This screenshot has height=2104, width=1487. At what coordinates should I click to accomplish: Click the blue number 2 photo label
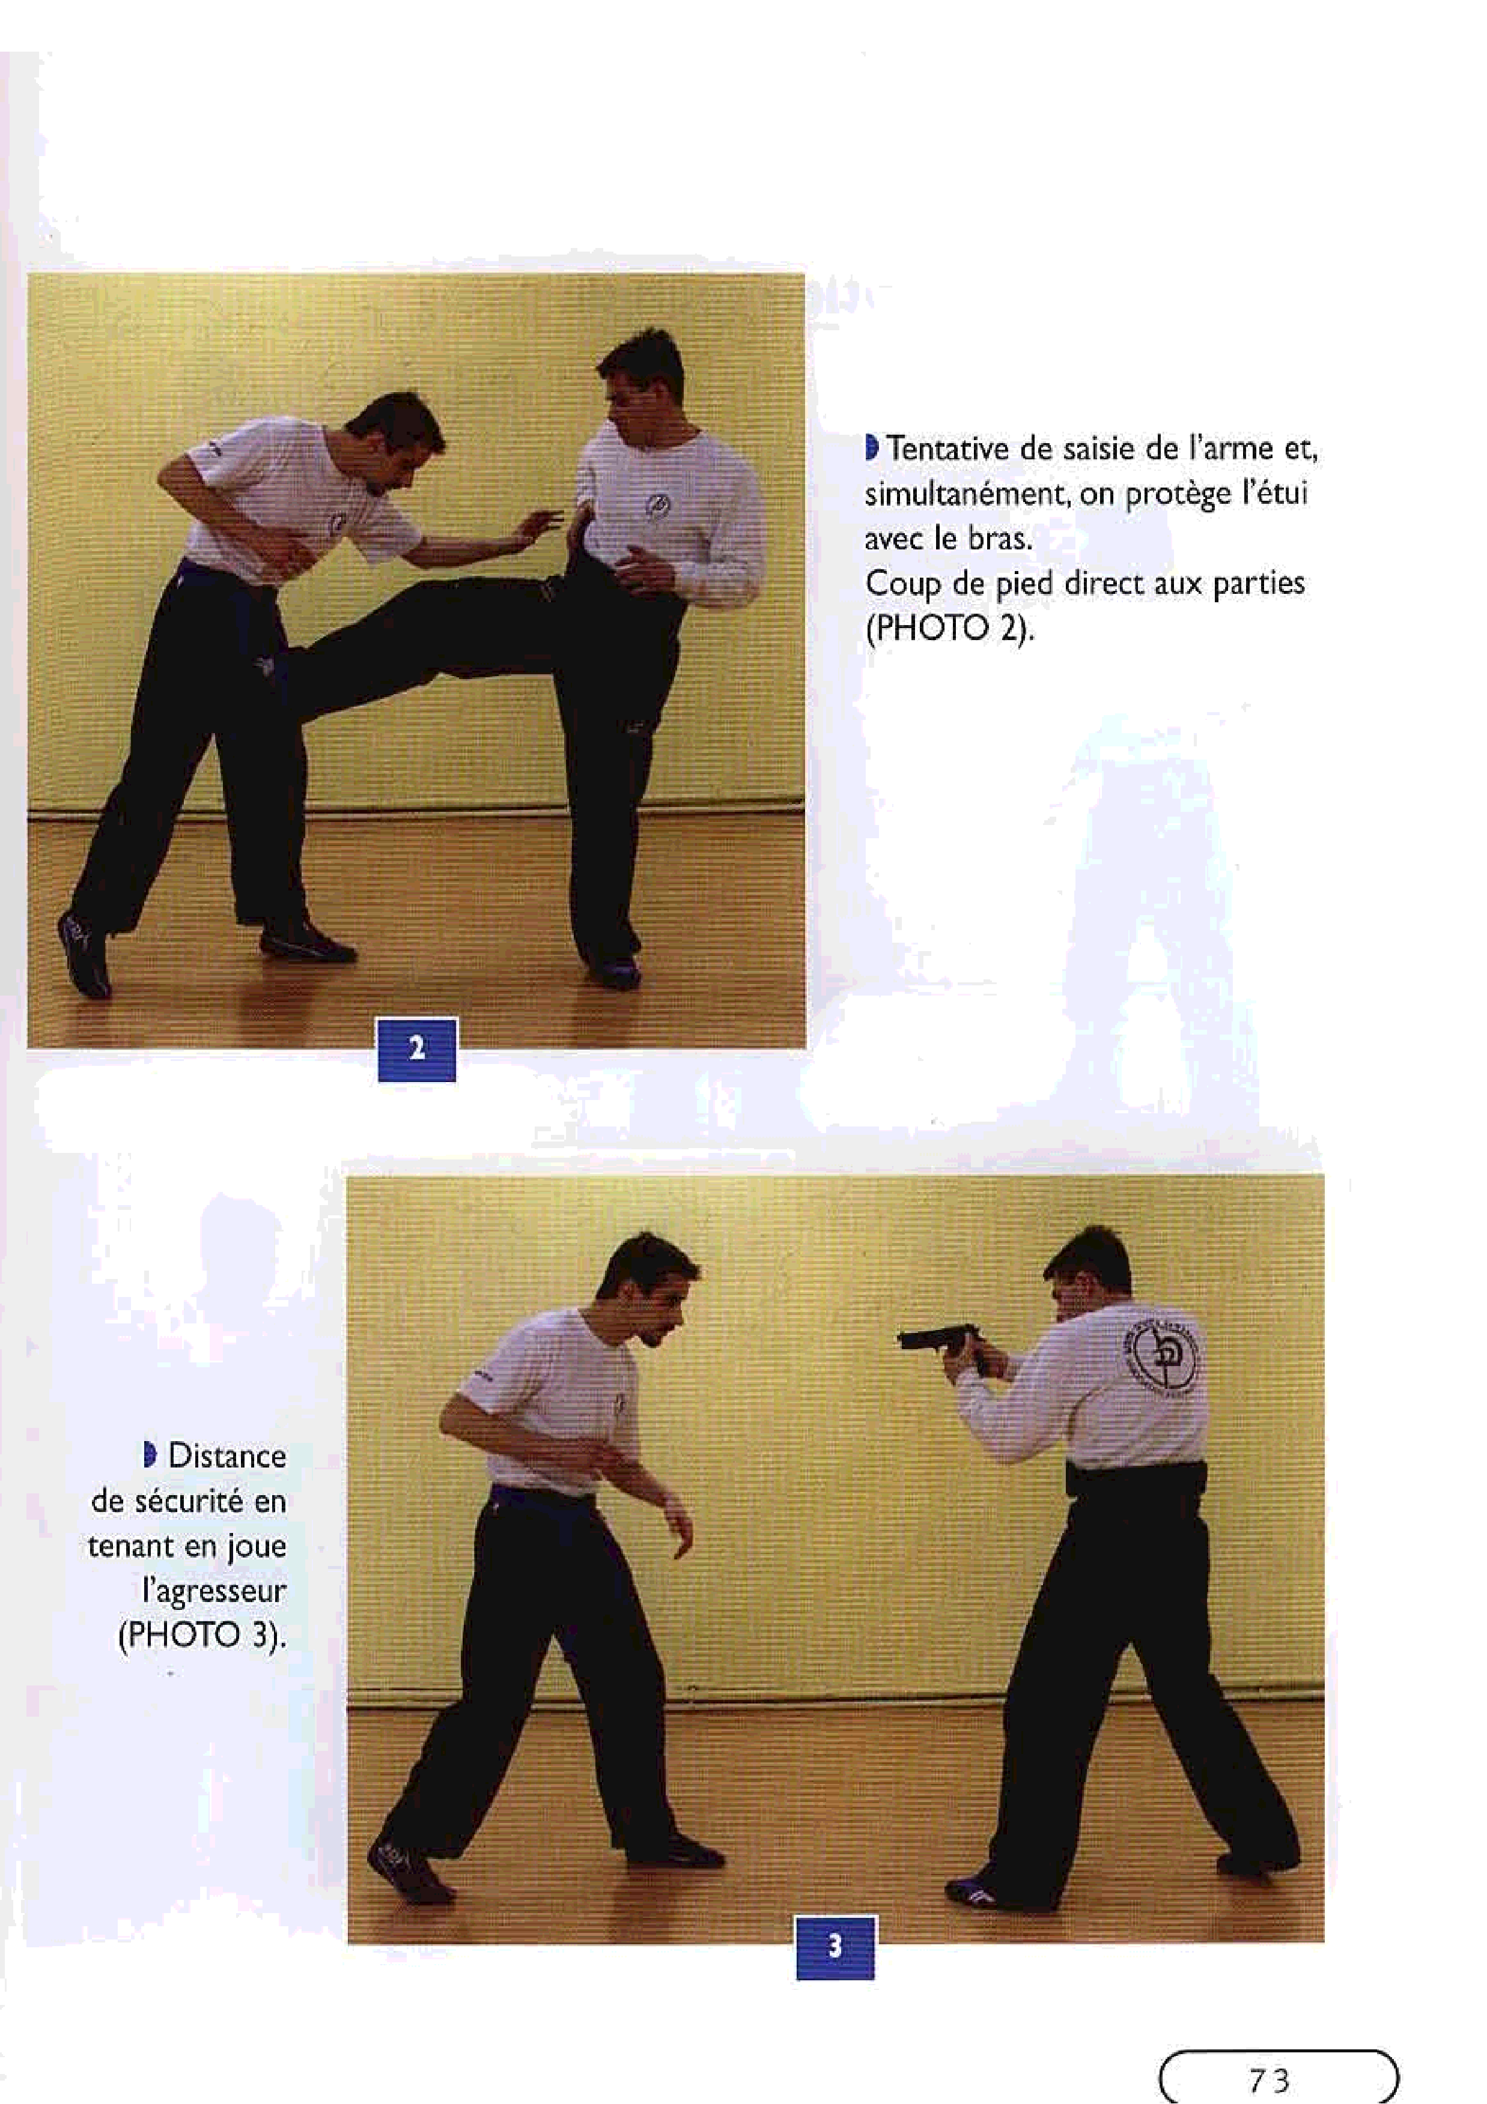click(x=417, y=1048)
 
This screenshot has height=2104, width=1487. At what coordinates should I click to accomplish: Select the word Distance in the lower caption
click(x=227, y=1456)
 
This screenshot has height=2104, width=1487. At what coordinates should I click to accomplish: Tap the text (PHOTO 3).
click(x=202, y=1636)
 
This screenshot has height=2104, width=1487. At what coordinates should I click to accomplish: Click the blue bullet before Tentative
click(x=872, y=449)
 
